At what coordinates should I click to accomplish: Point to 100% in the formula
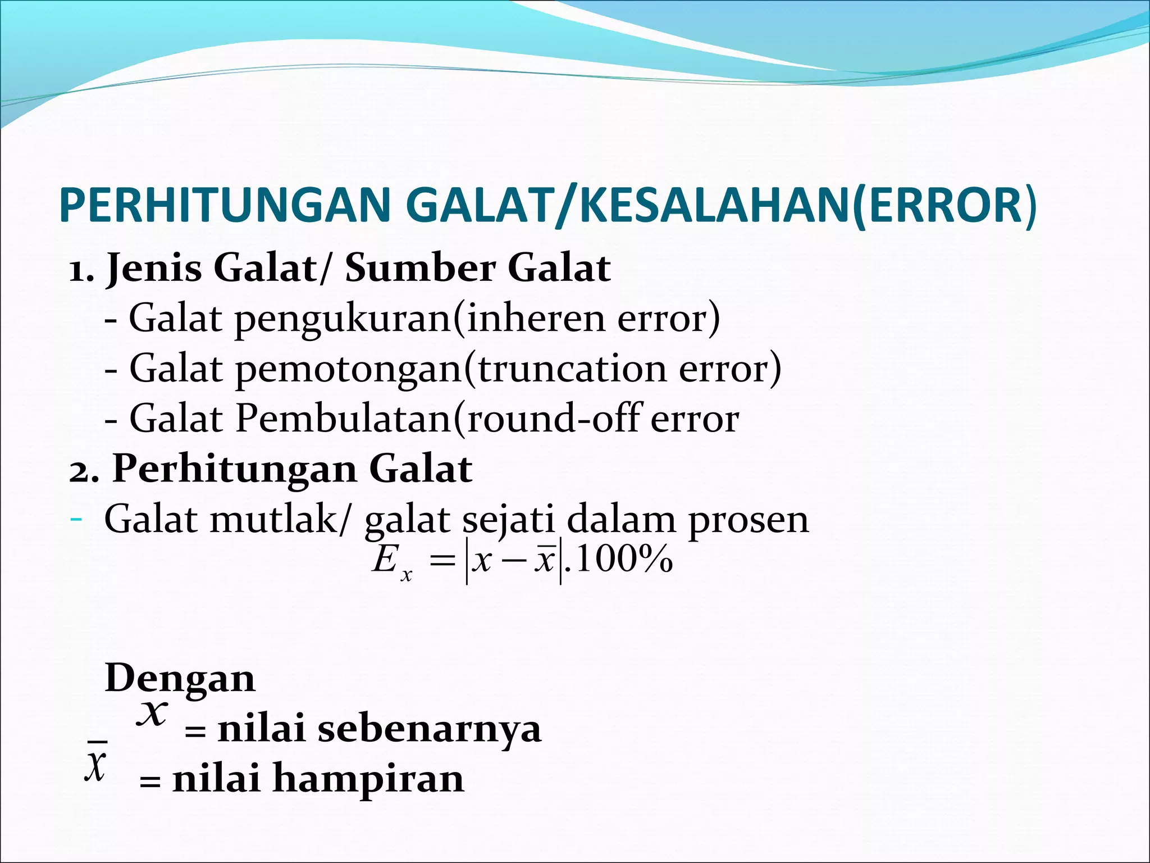[624, 560]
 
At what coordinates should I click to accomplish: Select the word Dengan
[180, 679]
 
